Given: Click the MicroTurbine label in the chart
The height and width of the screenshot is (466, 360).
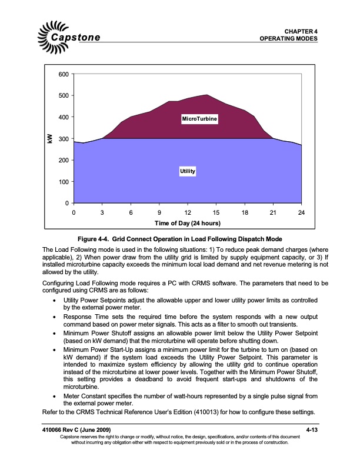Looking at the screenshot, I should [x=199, y=119].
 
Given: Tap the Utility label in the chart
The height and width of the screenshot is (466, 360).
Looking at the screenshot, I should [x=187, y=171].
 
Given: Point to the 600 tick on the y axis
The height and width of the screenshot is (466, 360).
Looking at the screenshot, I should [x=63, y=74].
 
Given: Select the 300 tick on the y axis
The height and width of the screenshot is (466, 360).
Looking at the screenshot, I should [x=63, y=139].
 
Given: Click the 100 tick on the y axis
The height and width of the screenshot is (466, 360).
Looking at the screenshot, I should [x=63, y=182].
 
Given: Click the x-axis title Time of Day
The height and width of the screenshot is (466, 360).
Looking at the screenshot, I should [x=187, y=224].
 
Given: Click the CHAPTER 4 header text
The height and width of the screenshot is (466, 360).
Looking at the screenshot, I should [x=301, y=31].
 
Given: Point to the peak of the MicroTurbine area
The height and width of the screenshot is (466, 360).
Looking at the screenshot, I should [x=206, y=95].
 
